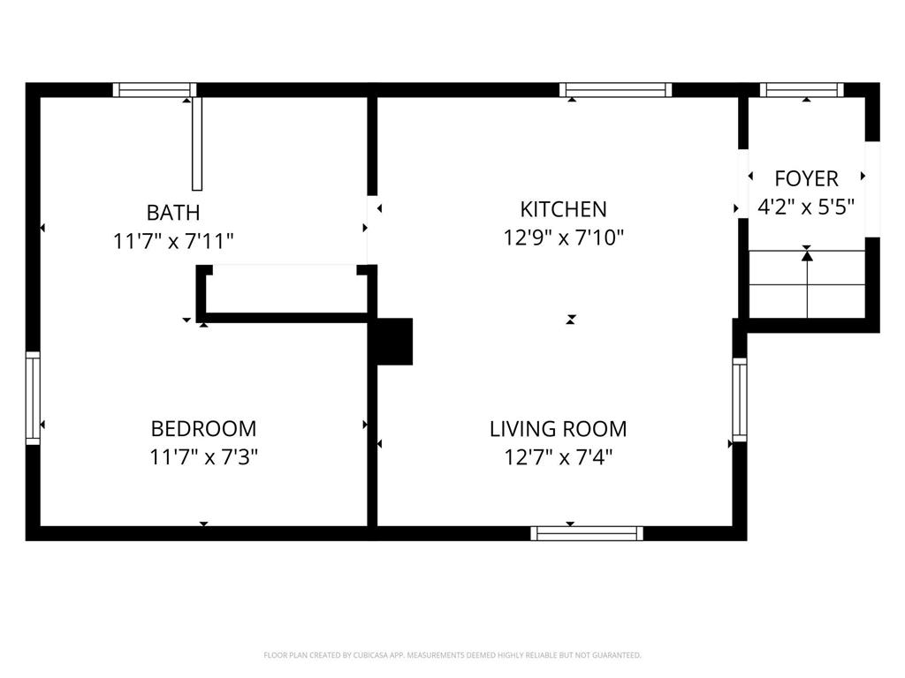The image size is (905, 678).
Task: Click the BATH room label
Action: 173,213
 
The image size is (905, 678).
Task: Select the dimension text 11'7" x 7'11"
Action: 173,241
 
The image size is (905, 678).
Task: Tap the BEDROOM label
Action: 204,429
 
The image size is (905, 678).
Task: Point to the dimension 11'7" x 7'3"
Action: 204,457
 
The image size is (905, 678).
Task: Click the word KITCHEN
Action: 563,209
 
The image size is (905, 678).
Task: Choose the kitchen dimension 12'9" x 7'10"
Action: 564,237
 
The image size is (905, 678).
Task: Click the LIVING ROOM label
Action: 559,429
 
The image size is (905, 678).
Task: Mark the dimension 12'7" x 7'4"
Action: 559,457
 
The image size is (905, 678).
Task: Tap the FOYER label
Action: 806,178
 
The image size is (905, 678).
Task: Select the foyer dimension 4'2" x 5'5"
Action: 806,207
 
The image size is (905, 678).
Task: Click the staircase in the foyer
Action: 807,284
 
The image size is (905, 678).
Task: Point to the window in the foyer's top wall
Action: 802,89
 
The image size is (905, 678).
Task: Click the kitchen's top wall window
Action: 616,89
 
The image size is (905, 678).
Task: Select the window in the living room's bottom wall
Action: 587,532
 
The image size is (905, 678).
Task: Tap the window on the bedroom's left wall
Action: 33,397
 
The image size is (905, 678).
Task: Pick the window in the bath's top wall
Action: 155,89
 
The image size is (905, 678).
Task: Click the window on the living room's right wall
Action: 740,400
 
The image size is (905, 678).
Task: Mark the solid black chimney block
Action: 394,341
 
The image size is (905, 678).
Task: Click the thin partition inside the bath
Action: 197,143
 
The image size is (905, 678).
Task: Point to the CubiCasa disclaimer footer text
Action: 452,655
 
